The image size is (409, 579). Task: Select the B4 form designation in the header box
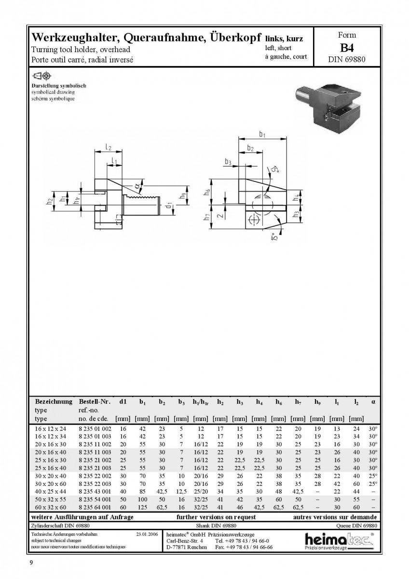(347, 48)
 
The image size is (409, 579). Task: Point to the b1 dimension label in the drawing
(262, 135)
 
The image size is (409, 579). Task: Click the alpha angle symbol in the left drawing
(137, 186)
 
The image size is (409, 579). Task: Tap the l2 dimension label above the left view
(109, 147)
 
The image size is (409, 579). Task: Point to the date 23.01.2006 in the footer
(147, 534)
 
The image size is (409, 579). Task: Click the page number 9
(31, 563)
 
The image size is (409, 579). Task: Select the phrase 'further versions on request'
(216, 517)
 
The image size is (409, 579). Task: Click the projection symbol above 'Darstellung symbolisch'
(41, 76)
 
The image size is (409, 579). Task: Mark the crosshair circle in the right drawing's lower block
(255, 220)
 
